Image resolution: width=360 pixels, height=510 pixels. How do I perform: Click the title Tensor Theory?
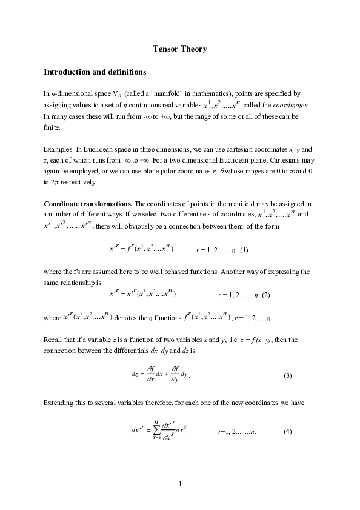[x=180, y=49]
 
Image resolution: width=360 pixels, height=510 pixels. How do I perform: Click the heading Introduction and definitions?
[x=95, y=72]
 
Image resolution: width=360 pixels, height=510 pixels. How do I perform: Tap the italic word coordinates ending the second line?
[x=291, y=105]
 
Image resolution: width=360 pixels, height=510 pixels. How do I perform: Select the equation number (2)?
[x=266, y=295]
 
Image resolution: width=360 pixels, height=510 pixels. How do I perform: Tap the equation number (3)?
[x=288, y=376]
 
